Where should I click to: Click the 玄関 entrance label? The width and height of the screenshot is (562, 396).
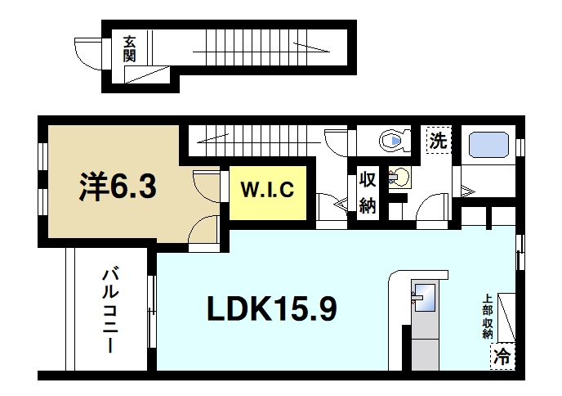(130, 48)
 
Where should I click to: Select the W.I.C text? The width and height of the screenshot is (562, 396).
(267, 192)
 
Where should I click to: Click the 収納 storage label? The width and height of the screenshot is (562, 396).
(368, 193)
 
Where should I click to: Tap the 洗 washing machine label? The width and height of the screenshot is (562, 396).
(439, 140)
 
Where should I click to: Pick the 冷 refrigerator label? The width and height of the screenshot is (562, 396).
(503, 356)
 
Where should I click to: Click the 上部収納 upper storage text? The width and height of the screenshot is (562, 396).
(487, 317)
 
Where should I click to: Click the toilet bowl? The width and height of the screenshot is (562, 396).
(395, 142)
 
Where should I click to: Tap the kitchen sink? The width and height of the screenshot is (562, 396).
(424, 297)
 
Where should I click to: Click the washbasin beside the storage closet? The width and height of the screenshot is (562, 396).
(399, 177)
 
